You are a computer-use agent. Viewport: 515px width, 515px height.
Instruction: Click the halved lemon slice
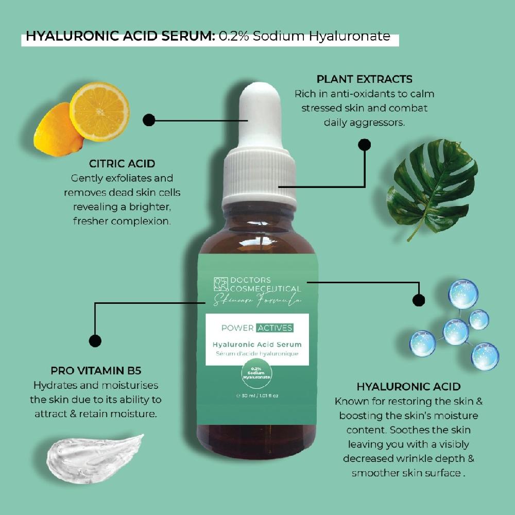[x=100, y=112]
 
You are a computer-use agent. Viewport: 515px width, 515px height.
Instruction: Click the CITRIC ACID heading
[x=122, y=164]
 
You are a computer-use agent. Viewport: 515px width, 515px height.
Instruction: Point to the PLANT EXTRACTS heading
[x=364, y=79]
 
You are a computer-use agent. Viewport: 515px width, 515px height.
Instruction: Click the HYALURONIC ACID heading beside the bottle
[x=408, y=387]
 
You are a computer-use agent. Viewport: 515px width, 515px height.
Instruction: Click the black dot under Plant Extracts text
[x=364, y=145]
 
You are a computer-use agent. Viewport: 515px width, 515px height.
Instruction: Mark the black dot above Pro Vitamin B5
[x=95, y=340]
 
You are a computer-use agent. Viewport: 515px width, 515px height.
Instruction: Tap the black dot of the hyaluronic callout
[x=419, y=300]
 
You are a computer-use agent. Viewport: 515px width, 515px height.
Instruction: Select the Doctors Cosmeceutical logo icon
[x=221, y=284]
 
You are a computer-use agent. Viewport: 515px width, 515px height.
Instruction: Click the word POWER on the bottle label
[x=237, y=328]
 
